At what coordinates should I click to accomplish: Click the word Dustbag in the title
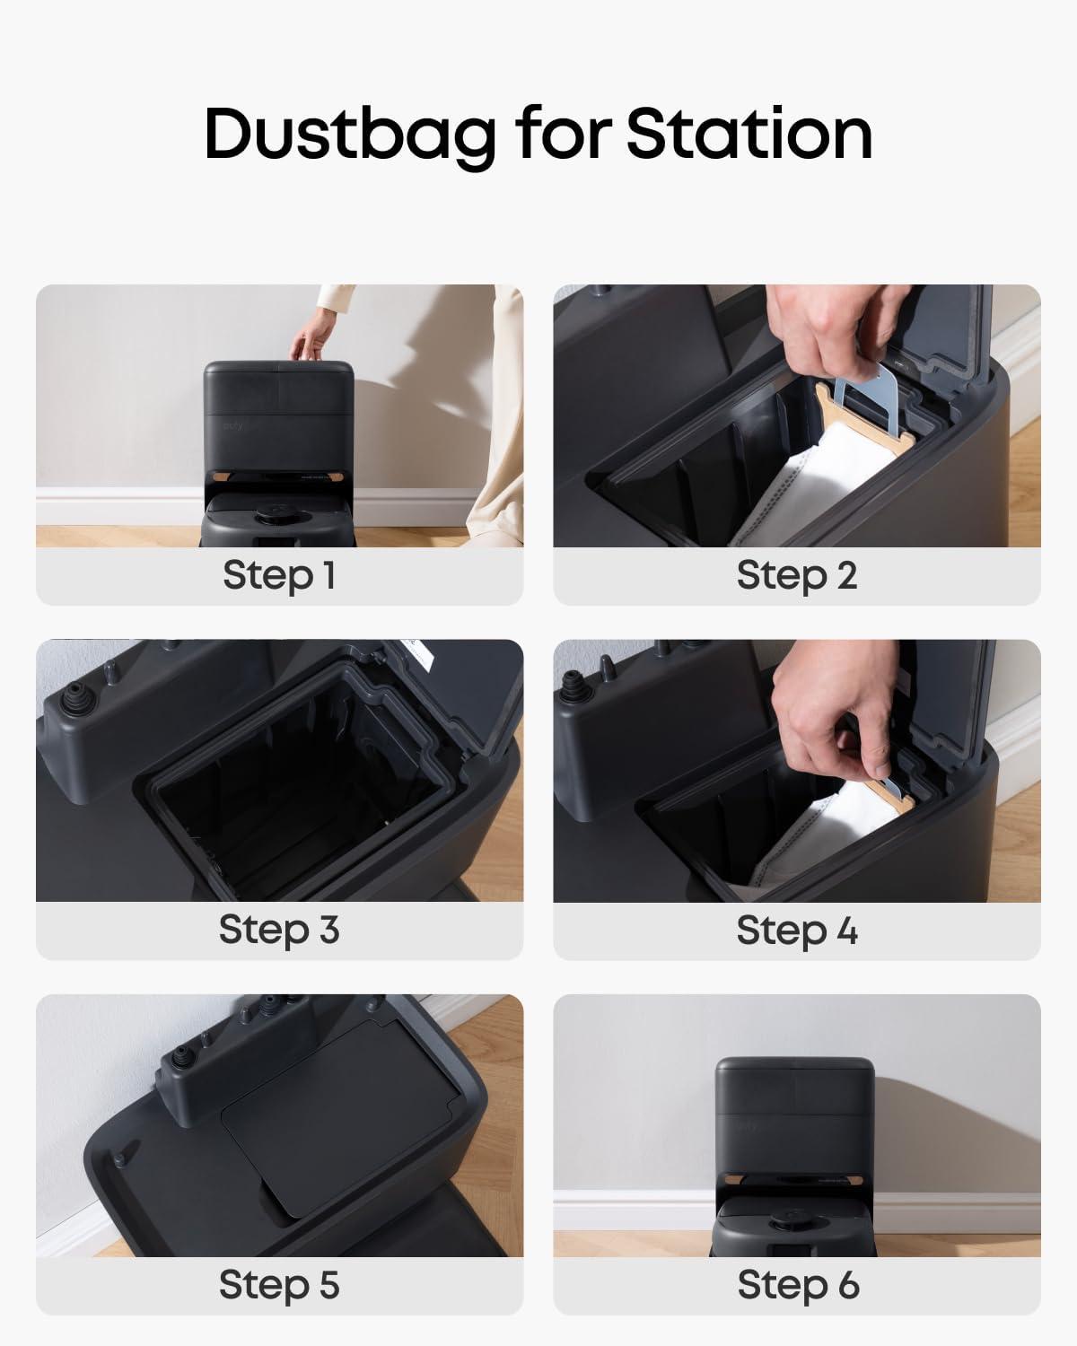click(x=350, y=135)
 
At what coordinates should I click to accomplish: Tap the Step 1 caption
click(x=279, y=575)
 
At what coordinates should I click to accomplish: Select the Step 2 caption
click(x=797, y=575)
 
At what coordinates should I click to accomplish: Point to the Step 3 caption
click(x=279, y=930)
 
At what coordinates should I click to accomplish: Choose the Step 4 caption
click(x=797, y=930)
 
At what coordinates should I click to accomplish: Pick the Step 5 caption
click(x=279, y=1285)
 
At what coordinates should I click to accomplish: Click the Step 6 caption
click(x=798, y=1285)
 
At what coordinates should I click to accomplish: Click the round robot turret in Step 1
click(x=276, y=513)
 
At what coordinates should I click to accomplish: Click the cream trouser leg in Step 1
click(x=495, y=419)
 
